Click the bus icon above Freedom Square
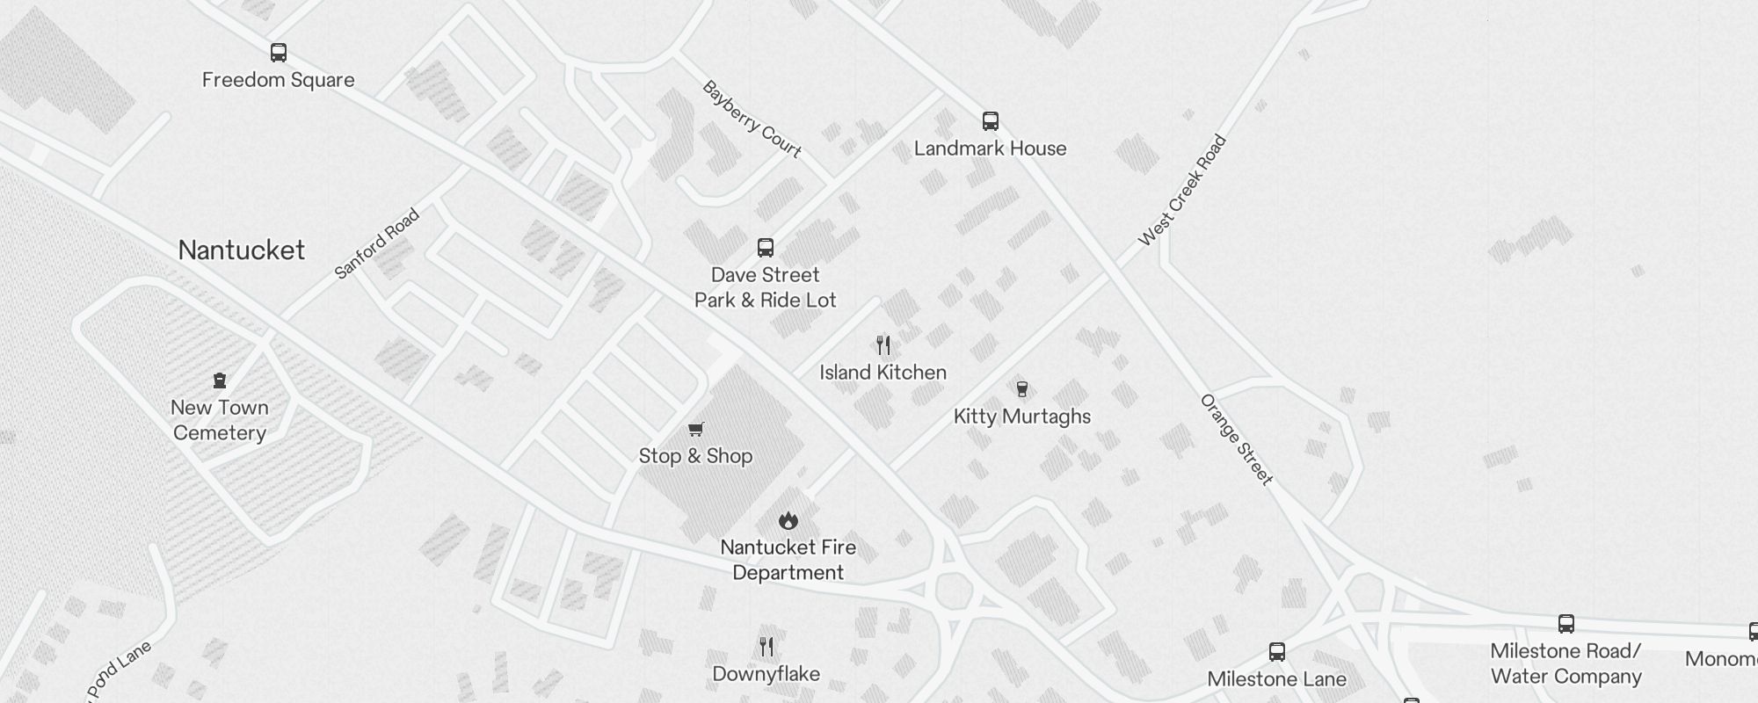pos(279,53)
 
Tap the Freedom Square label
pos(279,80)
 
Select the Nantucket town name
pos(242,250)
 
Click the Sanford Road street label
pos(377,243)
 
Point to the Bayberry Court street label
pos(752,120)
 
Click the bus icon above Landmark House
pos(991,121)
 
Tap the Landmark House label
pos(991,149)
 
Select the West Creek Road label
pos(1181,190)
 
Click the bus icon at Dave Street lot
pos(766,248)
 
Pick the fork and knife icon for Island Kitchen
pos(883,345)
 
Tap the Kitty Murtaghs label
pos(1022,417)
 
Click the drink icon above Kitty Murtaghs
pos(1022,388)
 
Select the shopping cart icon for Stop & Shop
pos(696,429)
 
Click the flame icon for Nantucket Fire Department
pos(788,520)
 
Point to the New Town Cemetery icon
pos(220,380)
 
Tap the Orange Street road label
pos(1237,439)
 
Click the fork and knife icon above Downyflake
pos(766,648)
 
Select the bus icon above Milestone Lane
pos(1277,652)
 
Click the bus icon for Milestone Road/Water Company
pos(1566,624)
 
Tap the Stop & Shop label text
pos(695,456)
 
